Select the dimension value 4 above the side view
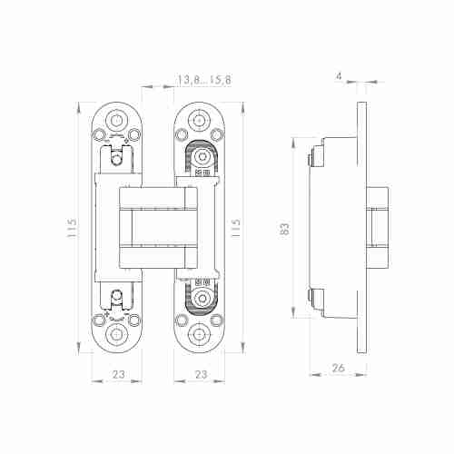click(x=339, y=76)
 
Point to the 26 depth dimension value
click(x=338, y=367)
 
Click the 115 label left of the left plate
click(x=72, y=228)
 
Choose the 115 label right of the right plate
click(x=238, y=228)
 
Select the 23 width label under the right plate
click(x=202, y=373)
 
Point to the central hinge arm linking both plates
click(x=158, y=228)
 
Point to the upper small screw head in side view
click(x=311, y=160)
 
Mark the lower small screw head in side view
click(x=311, y=296)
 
